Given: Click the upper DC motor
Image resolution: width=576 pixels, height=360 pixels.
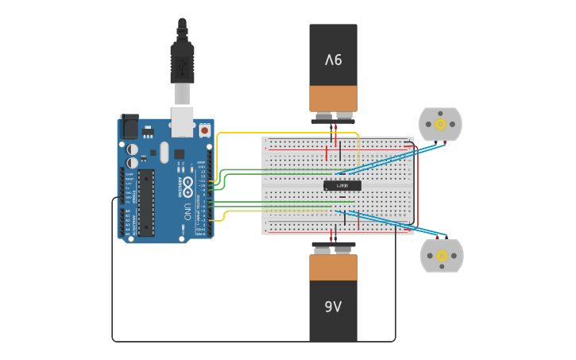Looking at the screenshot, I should point(439,124).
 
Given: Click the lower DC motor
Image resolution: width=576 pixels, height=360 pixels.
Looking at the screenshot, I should point(441,256).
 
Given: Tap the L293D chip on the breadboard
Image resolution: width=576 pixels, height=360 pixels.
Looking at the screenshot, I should point(342,185).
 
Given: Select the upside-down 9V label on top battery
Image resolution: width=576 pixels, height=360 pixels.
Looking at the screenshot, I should point(333,60).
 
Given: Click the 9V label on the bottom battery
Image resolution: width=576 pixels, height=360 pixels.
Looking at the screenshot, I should point(333,307).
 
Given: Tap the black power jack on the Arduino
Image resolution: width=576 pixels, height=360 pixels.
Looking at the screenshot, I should point(130,126).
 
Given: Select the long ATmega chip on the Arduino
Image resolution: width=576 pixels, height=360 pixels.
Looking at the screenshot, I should point(146,203).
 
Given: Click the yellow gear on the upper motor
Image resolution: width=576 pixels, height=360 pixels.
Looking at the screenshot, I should point(439,124).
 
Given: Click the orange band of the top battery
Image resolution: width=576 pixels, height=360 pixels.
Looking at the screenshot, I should point(333,98).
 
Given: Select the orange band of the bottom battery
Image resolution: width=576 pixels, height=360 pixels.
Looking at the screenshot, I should point(333,268).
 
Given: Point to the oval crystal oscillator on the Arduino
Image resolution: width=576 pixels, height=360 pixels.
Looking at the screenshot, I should point(164,152).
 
